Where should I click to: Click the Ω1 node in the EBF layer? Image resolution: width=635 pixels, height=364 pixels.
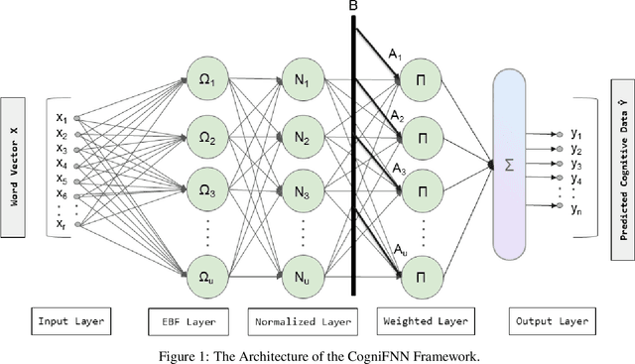pyautogui.click(x=207, y=80)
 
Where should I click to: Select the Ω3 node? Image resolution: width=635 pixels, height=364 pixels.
pyautogui.click(x=207, y=188)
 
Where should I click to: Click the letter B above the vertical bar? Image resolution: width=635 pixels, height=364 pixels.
pyautogui.click(x=353, y=7)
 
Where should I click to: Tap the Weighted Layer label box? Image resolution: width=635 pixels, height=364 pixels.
pyautogui.click(x=425, y=321)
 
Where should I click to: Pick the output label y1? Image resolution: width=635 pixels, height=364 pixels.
pyautogui.click(x=577, y=132)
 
